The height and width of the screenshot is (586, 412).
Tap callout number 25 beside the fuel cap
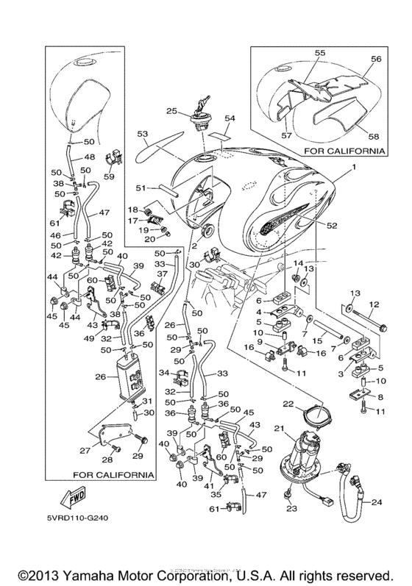click(x=171, y=111)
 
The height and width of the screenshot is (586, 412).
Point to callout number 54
click(x=230, y=118)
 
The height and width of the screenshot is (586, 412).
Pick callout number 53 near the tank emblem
click(x=142, y=134)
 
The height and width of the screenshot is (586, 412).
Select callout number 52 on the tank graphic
click(x=331, y=225)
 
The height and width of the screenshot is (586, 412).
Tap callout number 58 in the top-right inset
click(x=374, y=136)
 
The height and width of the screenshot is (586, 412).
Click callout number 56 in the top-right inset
click(x=376, y=59)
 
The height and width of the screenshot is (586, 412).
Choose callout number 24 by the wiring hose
click(x=377, y=502)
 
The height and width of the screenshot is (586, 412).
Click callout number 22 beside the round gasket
click(x=288, y=404)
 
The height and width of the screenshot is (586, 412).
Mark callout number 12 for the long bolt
click(x=374, y=304)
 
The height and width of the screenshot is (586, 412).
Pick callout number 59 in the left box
click(x=110, y=176)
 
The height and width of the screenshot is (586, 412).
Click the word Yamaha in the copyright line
click(x=85, y=575)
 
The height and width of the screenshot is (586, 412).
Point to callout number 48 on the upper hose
click(x=90, y=157)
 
